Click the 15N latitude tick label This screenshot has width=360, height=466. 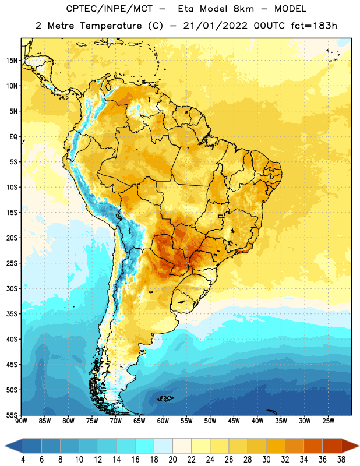pyautogui.click(x=12, y=61)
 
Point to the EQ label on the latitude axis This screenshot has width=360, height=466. pyautogui.click(x=13, y=137)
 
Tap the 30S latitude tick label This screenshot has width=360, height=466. pyautogui.click(x=12, y=288)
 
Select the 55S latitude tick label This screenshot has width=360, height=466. pyautogui.click(x=12, y=415)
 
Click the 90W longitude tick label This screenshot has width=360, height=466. pyautogui.click(x=21, y=421)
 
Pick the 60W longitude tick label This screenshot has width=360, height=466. pyautogui.click(x=163, y=421)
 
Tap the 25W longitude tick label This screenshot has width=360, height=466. pyautogui.click(x=328, y=421)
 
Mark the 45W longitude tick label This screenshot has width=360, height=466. pyautogui.click(x=234, y=421)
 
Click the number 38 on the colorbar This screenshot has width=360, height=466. pyautogui.click(x=341, y=460)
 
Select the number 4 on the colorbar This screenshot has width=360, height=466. pyautogui.click(x=23, y=460)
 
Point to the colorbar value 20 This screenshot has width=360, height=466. pyautogui.click(x=172, y=460)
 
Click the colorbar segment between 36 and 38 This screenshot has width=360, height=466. pyautogui.click(x=332, y=447)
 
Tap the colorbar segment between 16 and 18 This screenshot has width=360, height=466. pyautogui.click(x=145, y=447)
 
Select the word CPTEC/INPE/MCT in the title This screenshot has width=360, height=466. pyautogui.click(x=110, y=9)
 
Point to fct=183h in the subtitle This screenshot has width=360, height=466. pyautogui.click(x=314, y=26)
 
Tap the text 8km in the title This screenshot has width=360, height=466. pyautogui.click(x=243, y=9)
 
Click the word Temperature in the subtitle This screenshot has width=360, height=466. pyautogui.click(x=111, y=26)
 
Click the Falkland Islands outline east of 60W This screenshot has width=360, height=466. pyautogui.click(x=165, y=398)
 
